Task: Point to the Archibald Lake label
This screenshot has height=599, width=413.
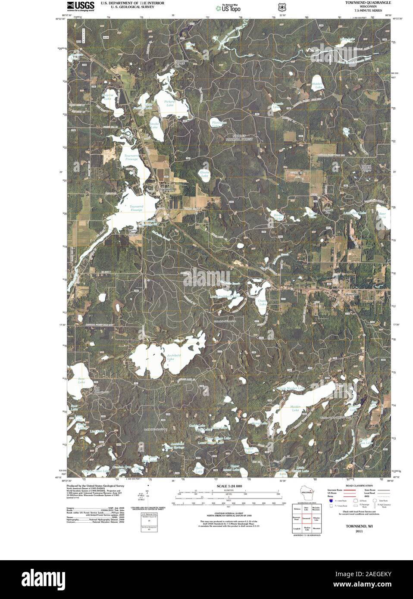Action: pos(173,358)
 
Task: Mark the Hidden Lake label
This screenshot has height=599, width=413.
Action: pos(318,85)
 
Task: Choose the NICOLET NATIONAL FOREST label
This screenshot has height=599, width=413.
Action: pos(241,138)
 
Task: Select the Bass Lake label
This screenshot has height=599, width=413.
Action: pos(81,381)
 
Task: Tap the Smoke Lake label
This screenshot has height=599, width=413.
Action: pos(154,126)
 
